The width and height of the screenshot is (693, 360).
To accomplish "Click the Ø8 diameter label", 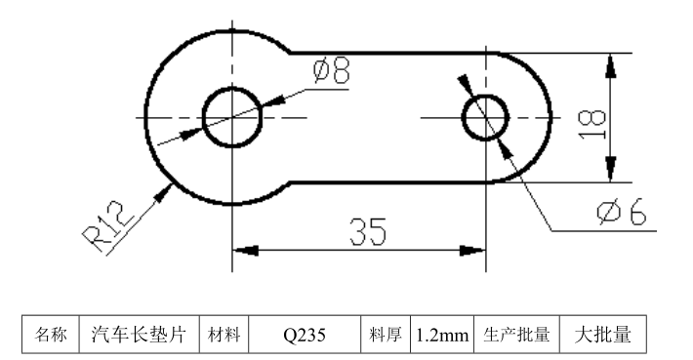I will (332, 71).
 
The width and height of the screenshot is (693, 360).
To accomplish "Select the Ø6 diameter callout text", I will (622, 213).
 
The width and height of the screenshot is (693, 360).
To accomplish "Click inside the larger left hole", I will (232, 117).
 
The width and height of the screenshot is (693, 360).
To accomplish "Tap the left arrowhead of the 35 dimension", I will (244, 251).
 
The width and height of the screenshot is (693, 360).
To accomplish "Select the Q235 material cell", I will (306, 335).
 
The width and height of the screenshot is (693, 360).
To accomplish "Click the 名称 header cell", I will (52, 335).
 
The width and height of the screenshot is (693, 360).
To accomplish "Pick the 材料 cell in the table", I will (224, 335).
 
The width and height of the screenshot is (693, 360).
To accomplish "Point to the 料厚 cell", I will (386, 335).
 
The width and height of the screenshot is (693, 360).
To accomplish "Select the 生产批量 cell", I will (517, 335).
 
